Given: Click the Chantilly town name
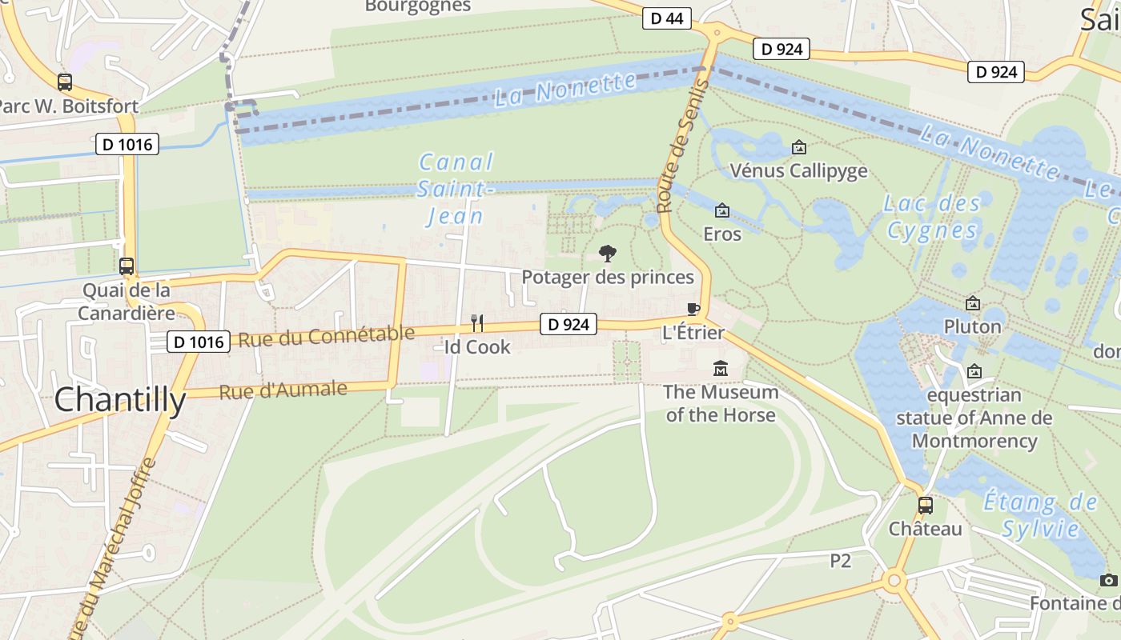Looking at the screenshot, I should (120, 400).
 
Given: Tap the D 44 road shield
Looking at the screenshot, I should (666, 18).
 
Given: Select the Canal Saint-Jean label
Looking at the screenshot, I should (455, 190).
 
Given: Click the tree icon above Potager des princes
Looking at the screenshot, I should (608, 254).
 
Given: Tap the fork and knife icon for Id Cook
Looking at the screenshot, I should (477, 322).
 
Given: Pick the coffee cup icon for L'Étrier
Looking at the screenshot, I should (693, 310).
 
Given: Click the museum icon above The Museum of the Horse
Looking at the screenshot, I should (721, 369).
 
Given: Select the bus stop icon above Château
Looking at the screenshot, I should (925, 506).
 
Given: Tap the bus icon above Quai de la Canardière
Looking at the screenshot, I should (127, 266).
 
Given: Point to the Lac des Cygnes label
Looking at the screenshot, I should (932, 217).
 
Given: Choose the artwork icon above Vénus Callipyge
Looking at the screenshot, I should (798, 147).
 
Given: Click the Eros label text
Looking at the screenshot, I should (721, 234).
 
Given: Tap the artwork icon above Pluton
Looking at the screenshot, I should (973, 303).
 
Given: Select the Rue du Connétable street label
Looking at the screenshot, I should (327, 337).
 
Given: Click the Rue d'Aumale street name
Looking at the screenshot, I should (283, 390).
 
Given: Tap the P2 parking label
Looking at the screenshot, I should (840, 561).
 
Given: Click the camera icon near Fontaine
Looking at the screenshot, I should (1108, 580).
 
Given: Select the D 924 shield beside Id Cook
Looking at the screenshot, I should (569, 324).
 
